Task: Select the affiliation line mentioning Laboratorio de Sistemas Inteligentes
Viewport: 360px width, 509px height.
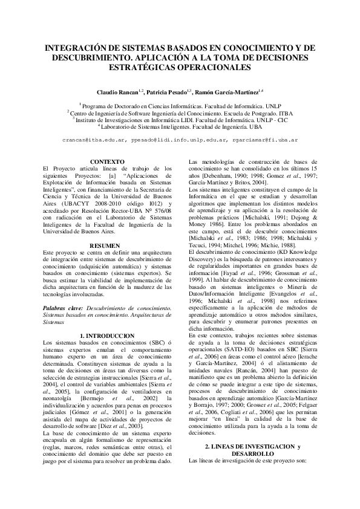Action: [180, 127]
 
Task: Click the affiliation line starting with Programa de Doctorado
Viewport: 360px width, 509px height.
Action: [180, 105]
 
